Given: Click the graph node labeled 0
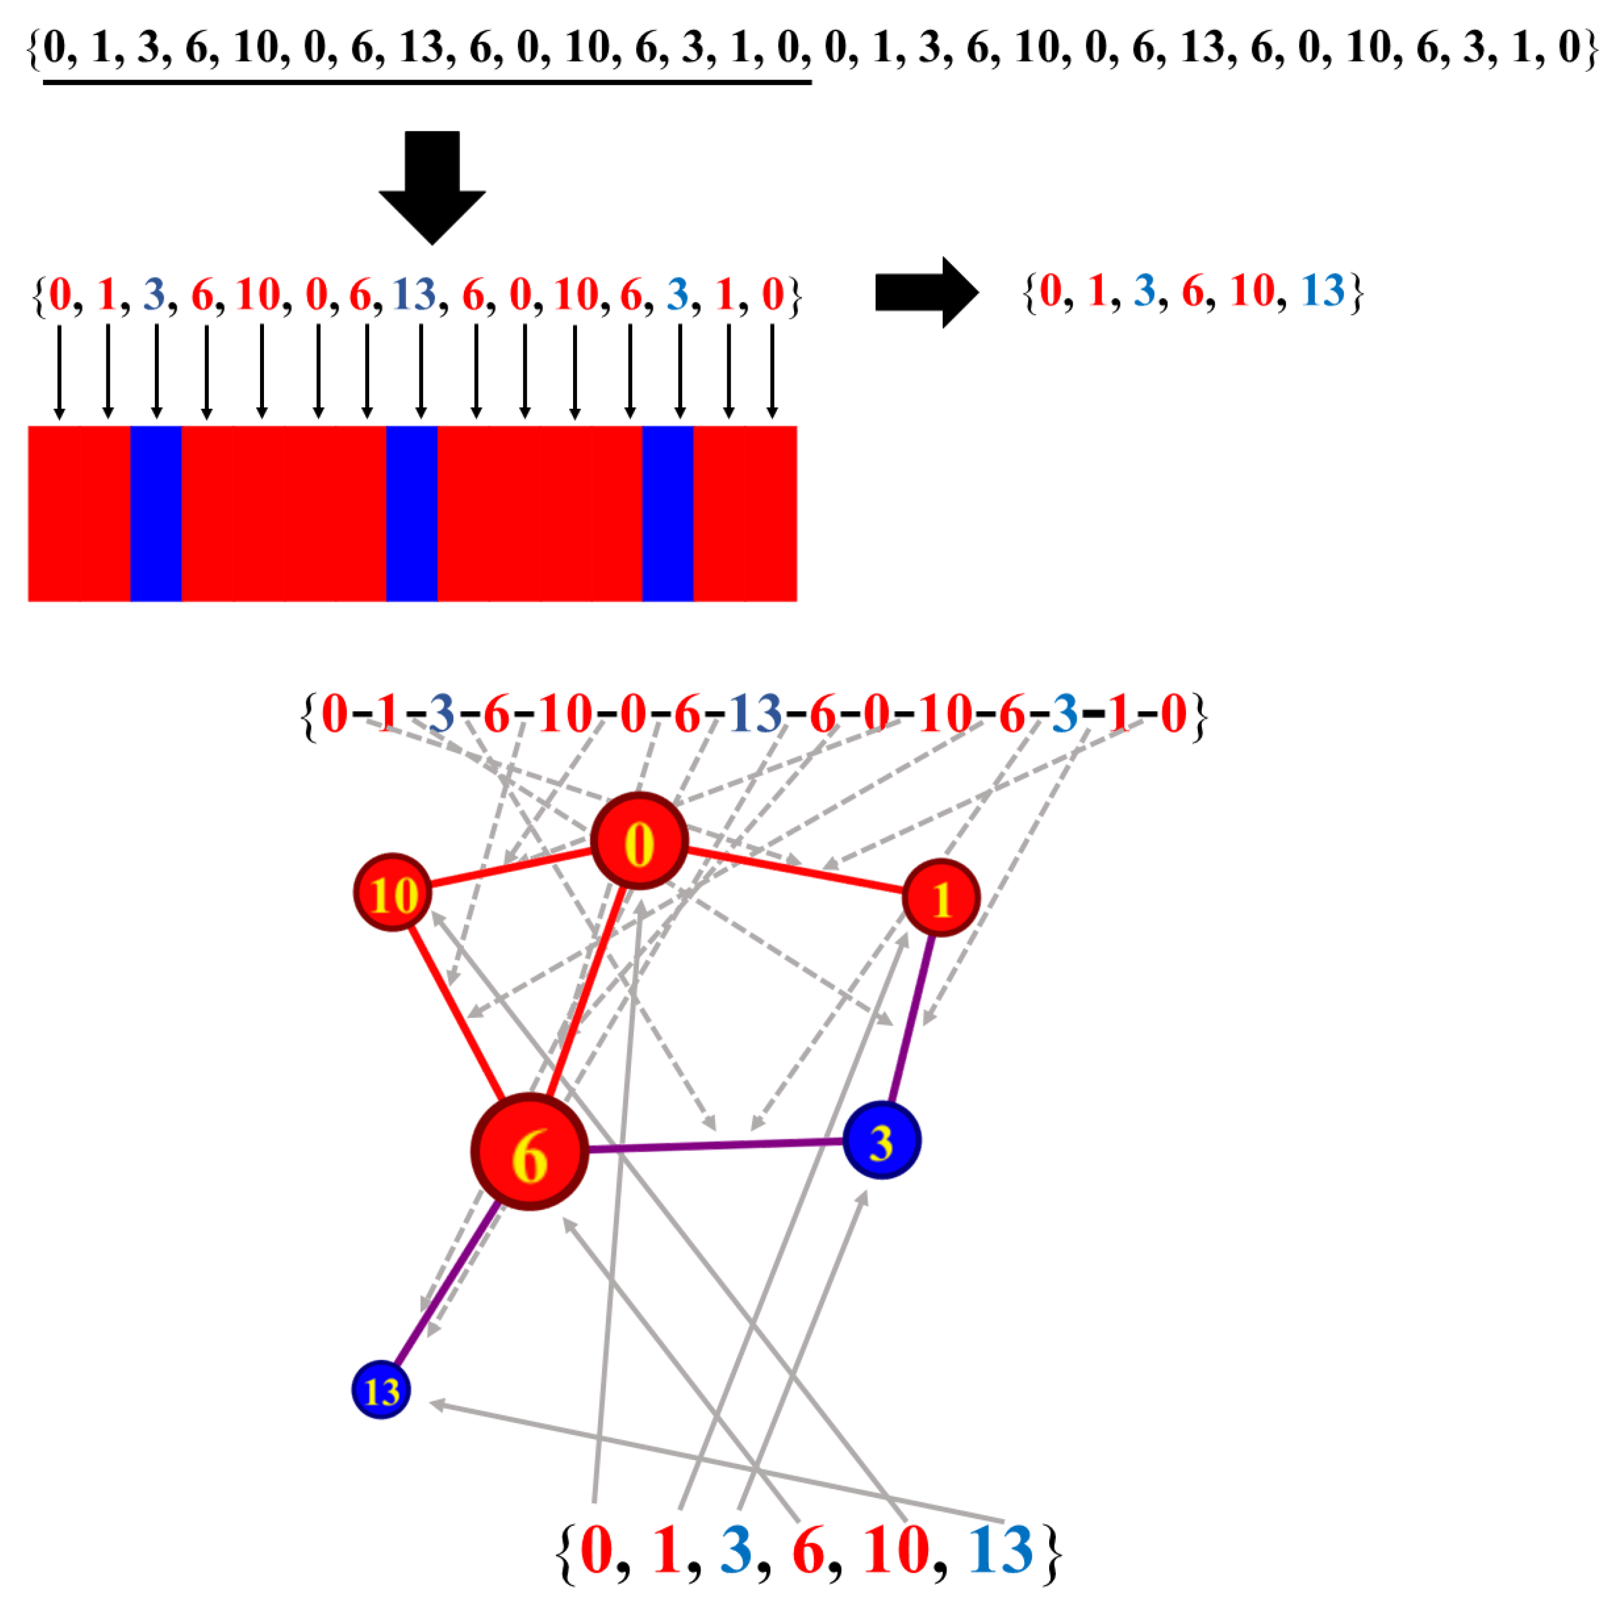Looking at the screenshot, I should (639, 841).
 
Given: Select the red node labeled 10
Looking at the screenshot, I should (393, 893).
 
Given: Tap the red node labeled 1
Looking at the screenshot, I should (941, 898).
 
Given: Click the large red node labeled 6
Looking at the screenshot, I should (529, 1153).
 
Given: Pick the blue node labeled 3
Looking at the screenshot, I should (881, 1140).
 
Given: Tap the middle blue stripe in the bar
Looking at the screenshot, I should (412, 513).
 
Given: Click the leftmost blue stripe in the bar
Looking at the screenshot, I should (156, 513).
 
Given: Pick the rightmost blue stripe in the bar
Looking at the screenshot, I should (668, 513).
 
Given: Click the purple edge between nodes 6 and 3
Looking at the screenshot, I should (713, 1146).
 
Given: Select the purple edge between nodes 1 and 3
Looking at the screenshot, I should (912, 1019).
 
